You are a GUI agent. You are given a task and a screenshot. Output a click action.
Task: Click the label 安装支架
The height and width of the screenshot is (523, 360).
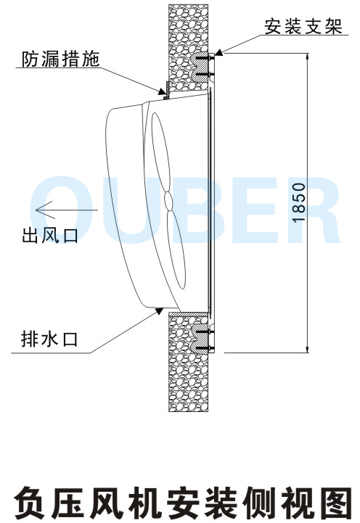[303, 26]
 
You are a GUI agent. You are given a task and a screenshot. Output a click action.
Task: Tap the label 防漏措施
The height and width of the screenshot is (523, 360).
[61, 59]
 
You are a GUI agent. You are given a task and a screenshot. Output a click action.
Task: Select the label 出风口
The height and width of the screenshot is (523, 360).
[50, 235]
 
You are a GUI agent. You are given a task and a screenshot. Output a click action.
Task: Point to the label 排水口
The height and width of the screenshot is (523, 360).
[49, 339]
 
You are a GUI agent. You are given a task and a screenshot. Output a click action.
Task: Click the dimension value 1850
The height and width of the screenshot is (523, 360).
[298, 202]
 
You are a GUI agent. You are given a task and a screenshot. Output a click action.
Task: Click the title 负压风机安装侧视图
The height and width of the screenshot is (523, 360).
[182, 503]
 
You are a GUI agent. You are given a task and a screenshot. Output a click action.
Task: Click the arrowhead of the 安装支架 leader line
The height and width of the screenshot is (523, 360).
[219, 52]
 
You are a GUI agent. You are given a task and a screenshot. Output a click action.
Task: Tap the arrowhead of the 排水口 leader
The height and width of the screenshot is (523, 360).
[160, 311]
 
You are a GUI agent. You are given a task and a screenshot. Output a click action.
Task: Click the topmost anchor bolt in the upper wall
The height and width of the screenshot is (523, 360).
[204, 59]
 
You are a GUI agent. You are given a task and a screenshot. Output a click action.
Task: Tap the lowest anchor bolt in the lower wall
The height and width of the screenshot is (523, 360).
[204, 348]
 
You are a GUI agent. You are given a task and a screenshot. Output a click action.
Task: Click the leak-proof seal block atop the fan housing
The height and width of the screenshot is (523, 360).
[168, 91]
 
